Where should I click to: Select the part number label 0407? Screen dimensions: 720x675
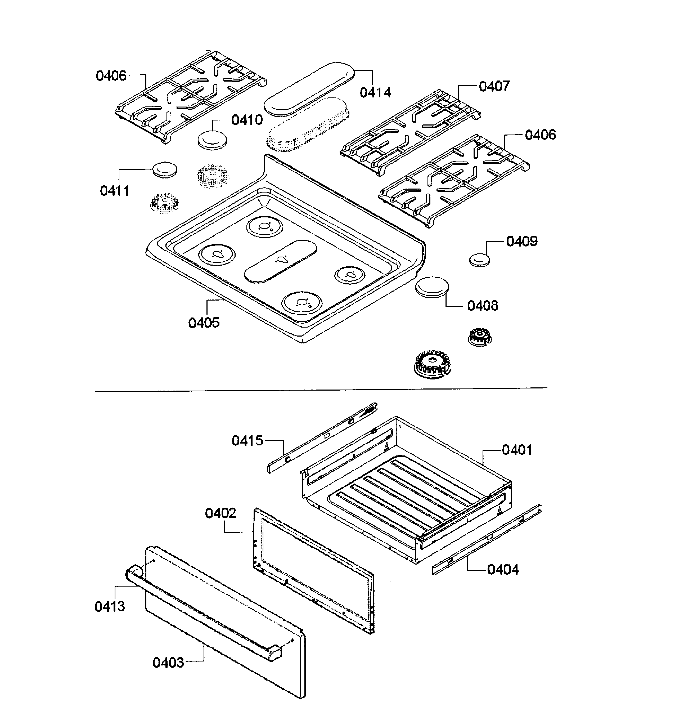click(494, 86)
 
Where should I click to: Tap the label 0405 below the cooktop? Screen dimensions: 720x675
click(204, 322)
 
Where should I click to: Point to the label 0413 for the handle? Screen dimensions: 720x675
click(109, 606)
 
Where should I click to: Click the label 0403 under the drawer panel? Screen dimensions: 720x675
click(168, 663)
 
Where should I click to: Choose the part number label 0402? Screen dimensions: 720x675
click(220, 513)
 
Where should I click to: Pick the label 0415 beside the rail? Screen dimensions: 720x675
click(247, 441)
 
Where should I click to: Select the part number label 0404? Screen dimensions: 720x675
click(503, 570)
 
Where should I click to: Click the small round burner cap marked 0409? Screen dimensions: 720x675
click(479, 260)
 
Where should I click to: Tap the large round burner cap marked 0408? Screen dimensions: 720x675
click(432, 287)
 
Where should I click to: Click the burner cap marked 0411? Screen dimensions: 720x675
click(165, 169)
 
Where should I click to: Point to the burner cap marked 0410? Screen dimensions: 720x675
click(212, 140)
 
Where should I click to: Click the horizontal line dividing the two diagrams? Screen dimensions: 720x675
click(321, 389)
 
